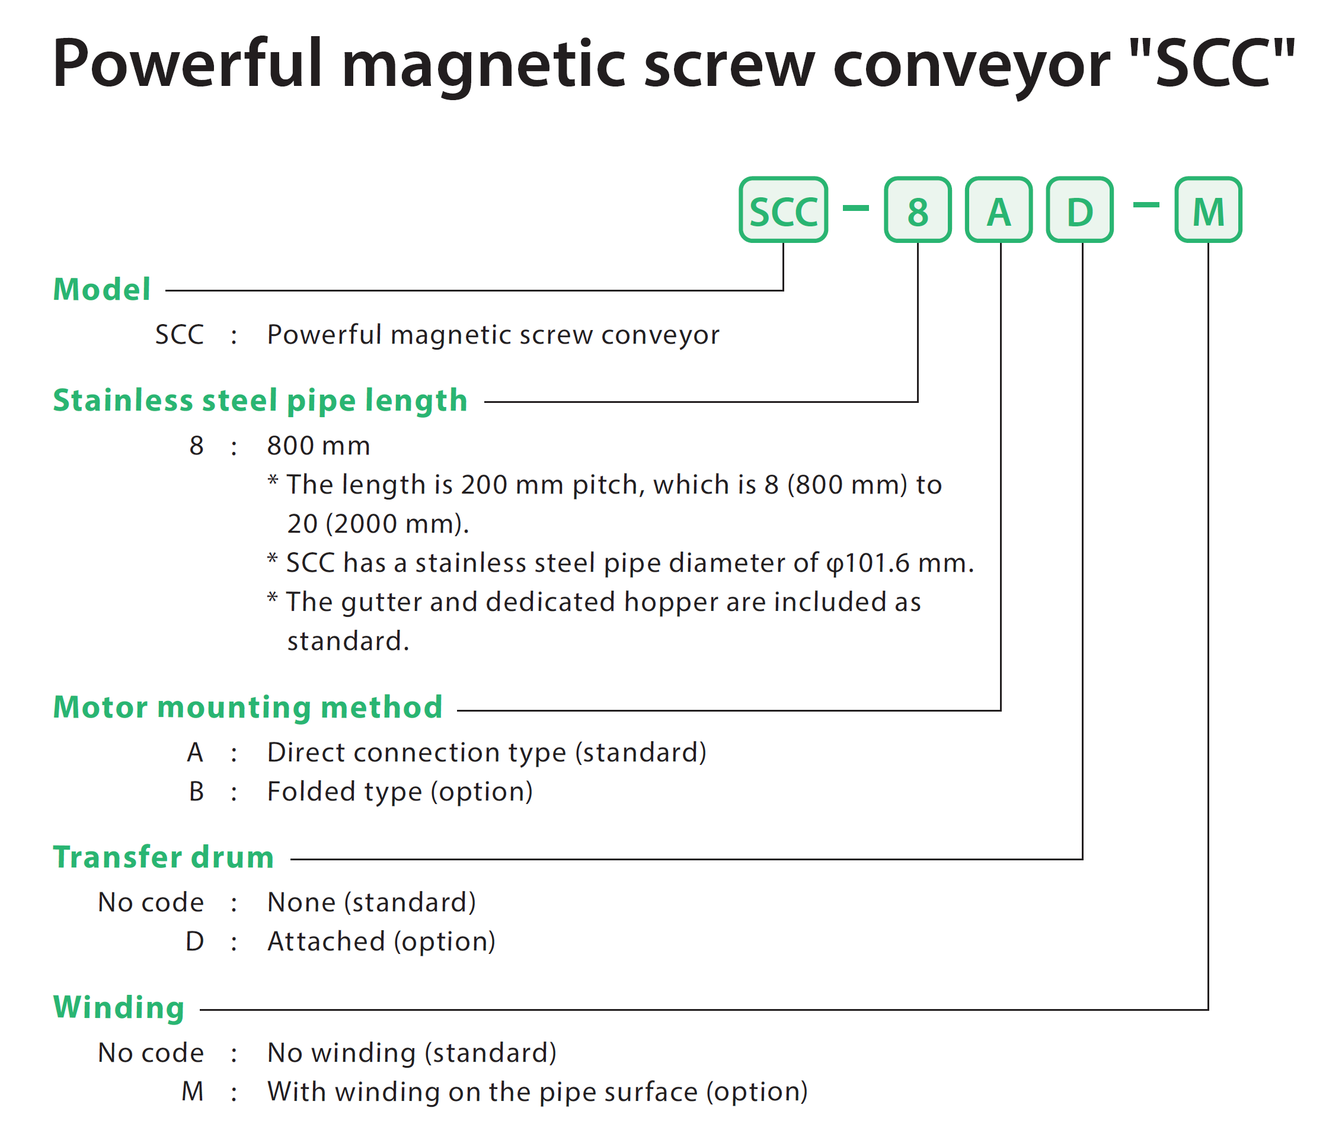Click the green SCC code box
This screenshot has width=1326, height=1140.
(x=782, y=210)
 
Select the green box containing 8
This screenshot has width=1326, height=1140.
(x=917, y=210)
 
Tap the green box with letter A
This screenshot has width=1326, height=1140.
(x=998, y=210)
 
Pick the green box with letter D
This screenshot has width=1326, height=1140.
(x=1079, y=210)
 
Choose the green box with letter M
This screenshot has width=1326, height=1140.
(x=1208, y=210)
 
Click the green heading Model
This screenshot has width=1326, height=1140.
(x=102, y=289)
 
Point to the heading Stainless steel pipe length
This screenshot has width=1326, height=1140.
(x=260, y=401)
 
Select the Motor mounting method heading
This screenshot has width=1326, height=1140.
(x=248, y=707)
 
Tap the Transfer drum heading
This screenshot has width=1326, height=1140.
(x=163, y=857)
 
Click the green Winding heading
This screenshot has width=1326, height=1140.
(x=119, y=1008)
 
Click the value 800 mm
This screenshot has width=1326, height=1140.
(x=319, y=446)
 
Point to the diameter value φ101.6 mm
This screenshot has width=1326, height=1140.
(x=900, y=563)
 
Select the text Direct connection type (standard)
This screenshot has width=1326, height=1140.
(x=487, y=753)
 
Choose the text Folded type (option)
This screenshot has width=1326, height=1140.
(x=400, y=792)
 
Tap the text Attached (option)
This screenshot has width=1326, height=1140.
(x=381, y=942)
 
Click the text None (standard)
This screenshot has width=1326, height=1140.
(x=372, y=902)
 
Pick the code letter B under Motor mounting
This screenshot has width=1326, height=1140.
(x=196, y=792)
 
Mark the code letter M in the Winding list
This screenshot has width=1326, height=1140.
(x=193, y=1091)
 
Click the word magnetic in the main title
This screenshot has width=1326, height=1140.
(x=483, y=64)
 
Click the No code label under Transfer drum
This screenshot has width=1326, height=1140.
(x=151, y=902)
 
